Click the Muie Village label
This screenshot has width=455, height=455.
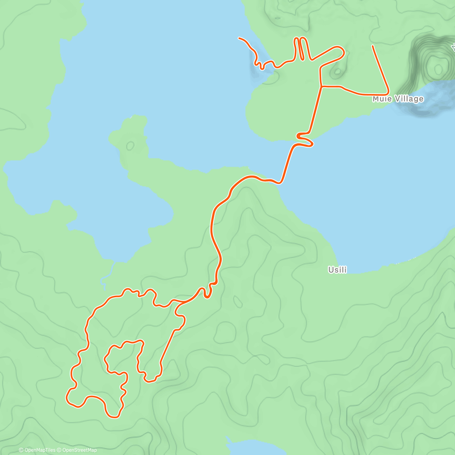398,99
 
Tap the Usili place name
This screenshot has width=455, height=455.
337,270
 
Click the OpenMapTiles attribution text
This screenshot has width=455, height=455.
40,450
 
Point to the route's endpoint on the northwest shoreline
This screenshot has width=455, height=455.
239,38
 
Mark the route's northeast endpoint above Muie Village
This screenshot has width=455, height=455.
373,46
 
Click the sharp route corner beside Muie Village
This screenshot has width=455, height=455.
388,93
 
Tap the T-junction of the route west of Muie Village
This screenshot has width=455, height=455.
322,87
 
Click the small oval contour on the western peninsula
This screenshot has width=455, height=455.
130,145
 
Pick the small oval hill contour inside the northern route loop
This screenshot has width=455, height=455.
337,72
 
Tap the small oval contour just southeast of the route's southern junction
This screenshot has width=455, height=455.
238,302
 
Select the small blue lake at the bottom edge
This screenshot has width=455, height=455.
246,447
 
